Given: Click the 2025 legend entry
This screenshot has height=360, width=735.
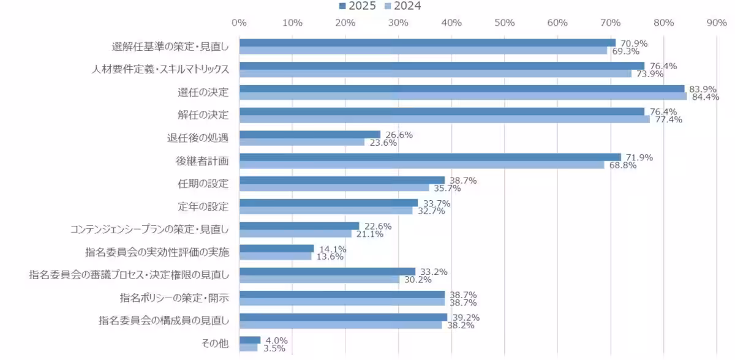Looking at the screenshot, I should [x=358, y=6].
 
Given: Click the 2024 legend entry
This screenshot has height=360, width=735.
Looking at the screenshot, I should [x=403, y=6].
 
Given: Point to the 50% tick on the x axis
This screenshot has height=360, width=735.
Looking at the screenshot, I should [x=504, y=23].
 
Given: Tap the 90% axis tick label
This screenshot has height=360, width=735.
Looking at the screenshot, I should [x=717, y=23].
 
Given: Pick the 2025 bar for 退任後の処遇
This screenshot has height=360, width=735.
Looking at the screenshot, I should [x=310, y=135].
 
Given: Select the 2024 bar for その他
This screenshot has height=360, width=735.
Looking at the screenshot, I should [x=249, y=348].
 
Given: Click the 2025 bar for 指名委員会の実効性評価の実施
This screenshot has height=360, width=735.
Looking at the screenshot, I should [x=277, y=249].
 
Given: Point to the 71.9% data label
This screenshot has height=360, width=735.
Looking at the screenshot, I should [x=639, y=157].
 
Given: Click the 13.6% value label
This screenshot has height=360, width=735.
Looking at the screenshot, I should [x=329, y=257].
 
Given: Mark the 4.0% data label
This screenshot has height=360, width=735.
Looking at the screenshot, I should [x=275, y=340].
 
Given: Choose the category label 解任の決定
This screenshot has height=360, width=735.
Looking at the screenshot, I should [x=203, y=115].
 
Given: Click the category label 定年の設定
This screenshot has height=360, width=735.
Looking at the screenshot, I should [x=203, y=206].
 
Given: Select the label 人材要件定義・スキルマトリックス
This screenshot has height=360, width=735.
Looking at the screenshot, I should [x=160, y=69].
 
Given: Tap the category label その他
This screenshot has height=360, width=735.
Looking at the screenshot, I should [x=215, y=343].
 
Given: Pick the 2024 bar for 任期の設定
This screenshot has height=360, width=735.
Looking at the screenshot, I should [x=334, y=187].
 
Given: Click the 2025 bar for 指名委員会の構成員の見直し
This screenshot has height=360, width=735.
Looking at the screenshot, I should [x=344, y=317].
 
